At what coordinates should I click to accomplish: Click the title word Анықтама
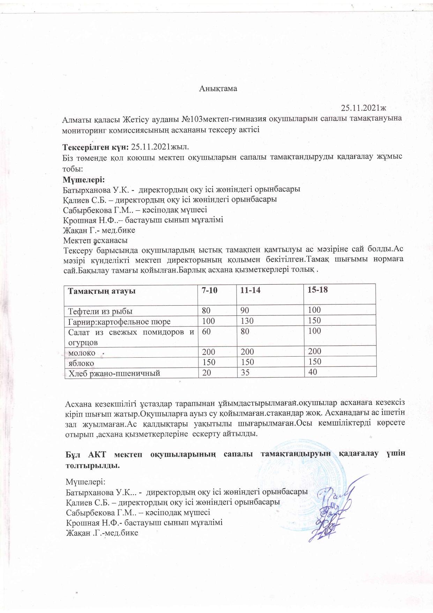tap(218, 88)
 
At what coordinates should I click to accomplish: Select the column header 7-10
tap(209, 291)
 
